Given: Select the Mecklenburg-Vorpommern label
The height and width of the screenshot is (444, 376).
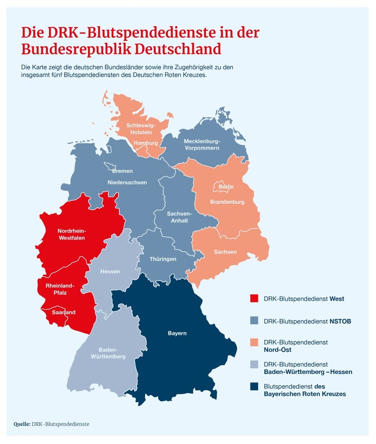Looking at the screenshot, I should point(201,145).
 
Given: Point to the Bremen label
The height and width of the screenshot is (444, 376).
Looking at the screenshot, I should point(122,171).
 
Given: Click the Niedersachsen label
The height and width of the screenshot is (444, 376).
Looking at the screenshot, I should point(127,182).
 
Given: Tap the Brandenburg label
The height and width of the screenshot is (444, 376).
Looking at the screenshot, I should point(227,202).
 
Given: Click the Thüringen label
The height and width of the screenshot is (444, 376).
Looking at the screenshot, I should point(163,259).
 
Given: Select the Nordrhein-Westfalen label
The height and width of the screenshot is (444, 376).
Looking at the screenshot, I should point(71,234).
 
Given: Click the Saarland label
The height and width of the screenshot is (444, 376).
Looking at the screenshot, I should point(64,312).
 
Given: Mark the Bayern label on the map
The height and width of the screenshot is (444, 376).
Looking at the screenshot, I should point(177,333).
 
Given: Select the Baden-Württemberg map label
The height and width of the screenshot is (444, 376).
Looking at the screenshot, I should point(112,353).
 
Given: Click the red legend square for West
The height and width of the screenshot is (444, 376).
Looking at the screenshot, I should point(254,298).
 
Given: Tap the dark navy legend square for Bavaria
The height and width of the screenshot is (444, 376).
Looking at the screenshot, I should point(254,391).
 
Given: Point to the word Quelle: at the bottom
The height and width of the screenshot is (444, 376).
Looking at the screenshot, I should point(22,424).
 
